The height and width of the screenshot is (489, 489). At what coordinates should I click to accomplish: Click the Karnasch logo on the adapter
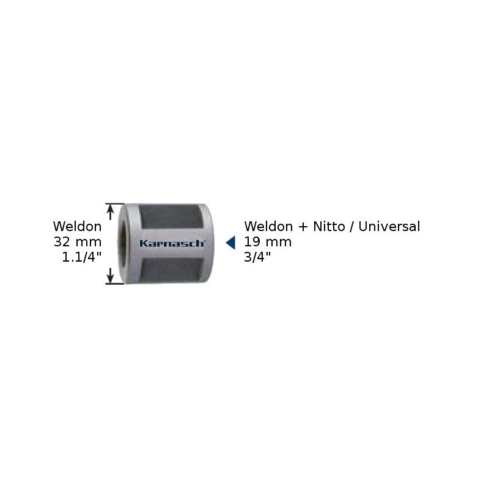172,243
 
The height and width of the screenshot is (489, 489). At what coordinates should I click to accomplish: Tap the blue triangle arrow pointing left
231,243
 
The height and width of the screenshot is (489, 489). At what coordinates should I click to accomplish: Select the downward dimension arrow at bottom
110,276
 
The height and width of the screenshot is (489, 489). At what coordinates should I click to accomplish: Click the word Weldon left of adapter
78,226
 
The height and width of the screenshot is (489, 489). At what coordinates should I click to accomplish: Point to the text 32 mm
78,242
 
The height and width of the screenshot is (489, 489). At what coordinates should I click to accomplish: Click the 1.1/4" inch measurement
82,257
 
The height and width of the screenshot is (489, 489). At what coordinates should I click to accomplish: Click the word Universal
389,226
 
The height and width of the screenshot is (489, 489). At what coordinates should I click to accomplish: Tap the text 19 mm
268,242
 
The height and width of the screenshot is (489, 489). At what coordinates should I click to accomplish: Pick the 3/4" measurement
257,257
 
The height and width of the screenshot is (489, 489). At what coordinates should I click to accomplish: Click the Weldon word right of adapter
268,226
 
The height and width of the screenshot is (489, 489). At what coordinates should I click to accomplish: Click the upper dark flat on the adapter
171,216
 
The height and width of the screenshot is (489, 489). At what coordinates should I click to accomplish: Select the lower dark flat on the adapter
171,270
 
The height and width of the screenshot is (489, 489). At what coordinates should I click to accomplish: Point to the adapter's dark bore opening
123,244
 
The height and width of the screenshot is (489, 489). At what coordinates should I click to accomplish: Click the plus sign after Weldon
303,227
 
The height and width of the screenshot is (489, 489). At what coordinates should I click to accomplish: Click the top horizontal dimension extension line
115,204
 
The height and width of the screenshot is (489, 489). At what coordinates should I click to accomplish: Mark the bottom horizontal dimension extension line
115,284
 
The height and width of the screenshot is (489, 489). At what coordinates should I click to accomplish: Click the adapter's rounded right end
209,243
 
